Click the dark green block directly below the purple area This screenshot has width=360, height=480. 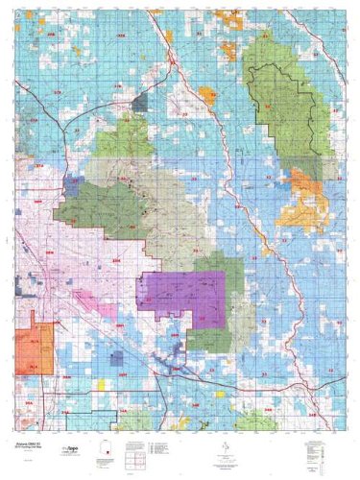pos(206,336)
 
